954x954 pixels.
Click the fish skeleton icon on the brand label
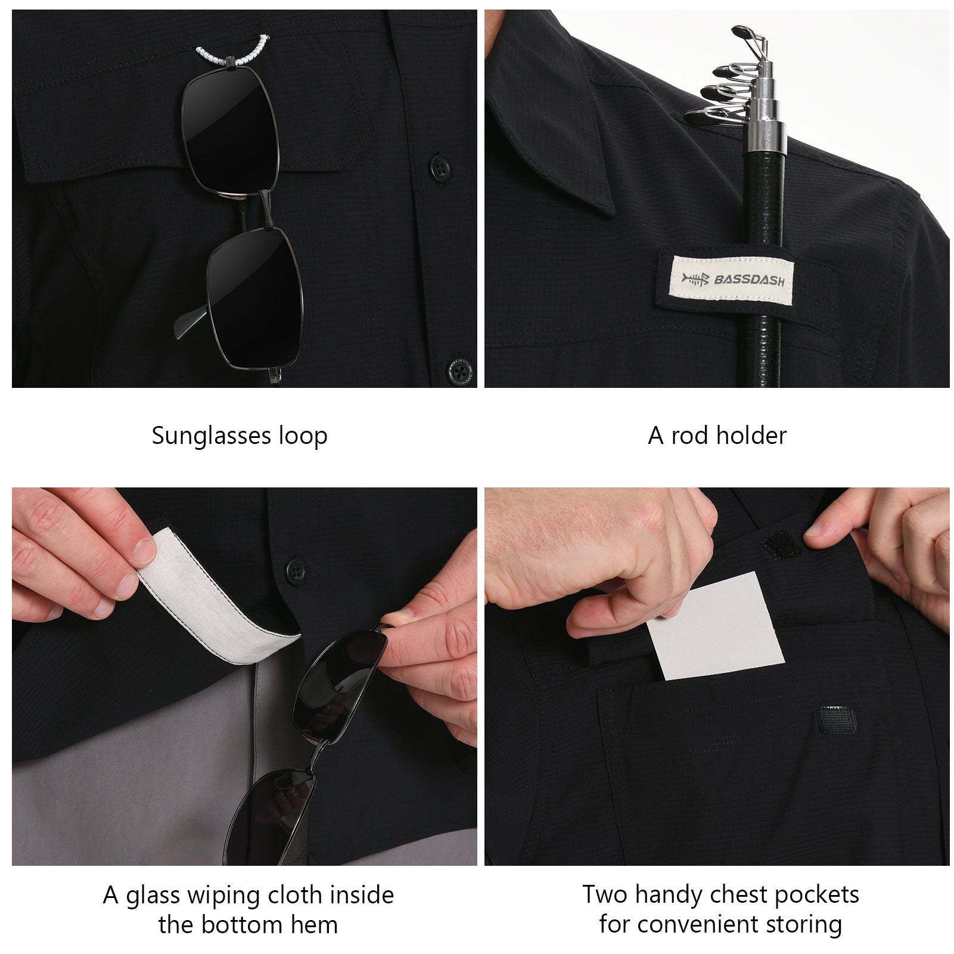click(696, 278)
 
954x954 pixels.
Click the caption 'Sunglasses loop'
click(240, 436)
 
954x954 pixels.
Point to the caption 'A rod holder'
click(717, 436)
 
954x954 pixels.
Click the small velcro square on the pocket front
click(837, 719)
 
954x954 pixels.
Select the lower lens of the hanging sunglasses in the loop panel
click(255, 299)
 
